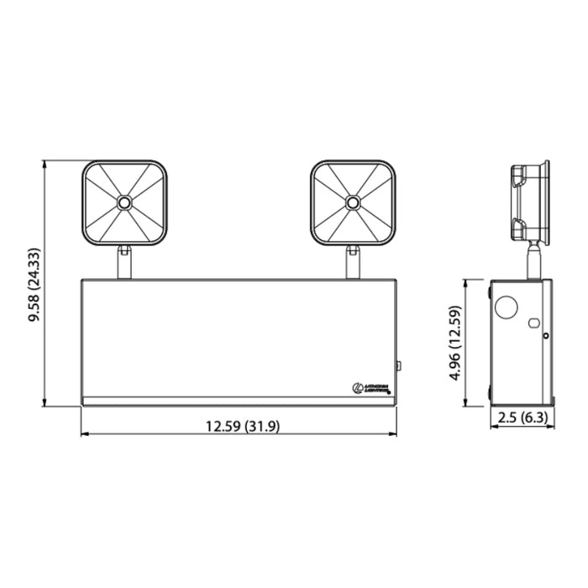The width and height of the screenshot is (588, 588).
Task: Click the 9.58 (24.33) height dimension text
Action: [x=34, y=286]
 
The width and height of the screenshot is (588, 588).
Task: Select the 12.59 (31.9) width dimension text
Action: [x=242, y=426]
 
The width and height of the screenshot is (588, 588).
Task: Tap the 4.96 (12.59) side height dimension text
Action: [x=455, y=344]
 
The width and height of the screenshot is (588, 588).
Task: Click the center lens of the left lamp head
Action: [x=124, y=202]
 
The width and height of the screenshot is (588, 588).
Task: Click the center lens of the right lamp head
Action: [x=353, y=202]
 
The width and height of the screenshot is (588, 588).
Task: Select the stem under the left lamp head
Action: [x=124, y=261]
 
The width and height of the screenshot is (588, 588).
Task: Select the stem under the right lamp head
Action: [x=353, y=261]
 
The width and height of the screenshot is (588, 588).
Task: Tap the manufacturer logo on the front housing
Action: [x=370, y=387]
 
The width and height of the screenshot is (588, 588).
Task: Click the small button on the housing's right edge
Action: [x=399, y=365]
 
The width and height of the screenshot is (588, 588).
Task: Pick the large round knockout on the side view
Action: [x=507, y=308]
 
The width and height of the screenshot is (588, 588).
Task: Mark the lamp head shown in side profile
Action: [x=529, y=202]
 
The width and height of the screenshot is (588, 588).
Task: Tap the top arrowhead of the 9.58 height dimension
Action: [x=46, y=162]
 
